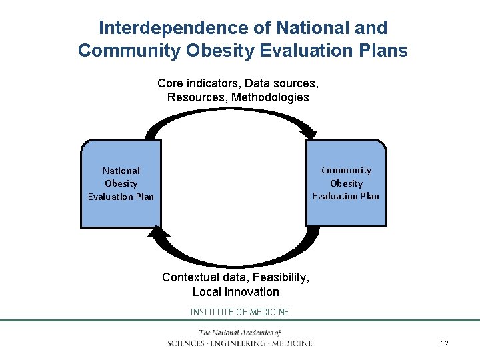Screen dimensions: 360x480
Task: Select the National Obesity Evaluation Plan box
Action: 121,183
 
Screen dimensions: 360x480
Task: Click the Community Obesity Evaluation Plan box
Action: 346,183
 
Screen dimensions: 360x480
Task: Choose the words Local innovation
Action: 236,292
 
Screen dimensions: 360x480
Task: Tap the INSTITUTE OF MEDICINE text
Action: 240,312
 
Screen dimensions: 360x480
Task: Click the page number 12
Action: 444,343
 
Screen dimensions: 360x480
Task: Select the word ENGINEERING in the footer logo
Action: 239,343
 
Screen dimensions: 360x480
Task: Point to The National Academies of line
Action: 240,333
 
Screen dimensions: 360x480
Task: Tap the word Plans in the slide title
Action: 383,51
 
